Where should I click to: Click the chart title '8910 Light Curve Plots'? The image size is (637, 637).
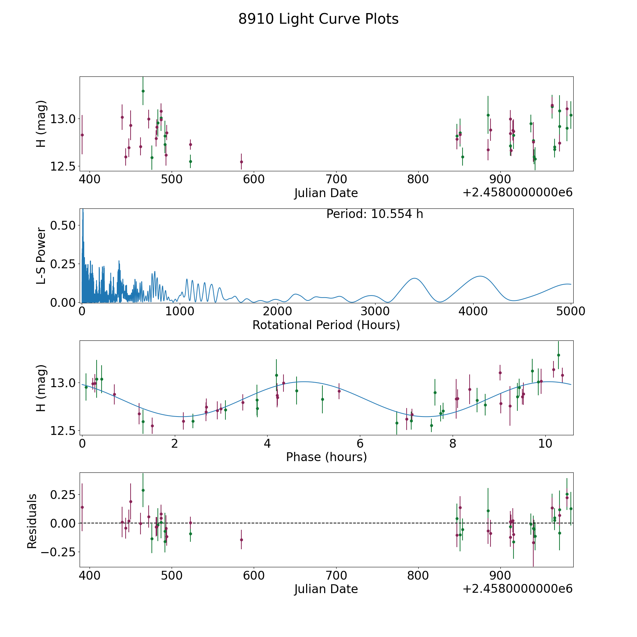click(318, 19)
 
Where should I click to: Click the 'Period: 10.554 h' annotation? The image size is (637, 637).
click(374, 214)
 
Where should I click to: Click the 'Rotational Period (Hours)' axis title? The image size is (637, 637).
click(326, 325)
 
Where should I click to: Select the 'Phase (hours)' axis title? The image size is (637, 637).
click(326, 457)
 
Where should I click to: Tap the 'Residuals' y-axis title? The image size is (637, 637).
click(32, 521)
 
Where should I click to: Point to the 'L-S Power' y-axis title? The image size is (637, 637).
click(41, 256)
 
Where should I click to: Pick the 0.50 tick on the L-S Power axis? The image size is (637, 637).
click(63, 225)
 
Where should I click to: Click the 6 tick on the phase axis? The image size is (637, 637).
click(360, 443)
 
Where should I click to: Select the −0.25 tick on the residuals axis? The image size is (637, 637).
click(58, 552)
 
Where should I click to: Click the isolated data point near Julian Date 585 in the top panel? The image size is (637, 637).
click(241, 162)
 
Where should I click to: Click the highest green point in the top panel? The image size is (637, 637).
click(143, 91)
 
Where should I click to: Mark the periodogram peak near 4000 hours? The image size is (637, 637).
click(480, 276)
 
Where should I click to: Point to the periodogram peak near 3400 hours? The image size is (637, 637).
click(414, 279)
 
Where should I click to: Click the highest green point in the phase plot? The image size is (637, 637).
click(558, 355)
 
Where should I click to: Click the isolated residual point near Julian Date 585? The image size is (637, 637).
click(241, 540)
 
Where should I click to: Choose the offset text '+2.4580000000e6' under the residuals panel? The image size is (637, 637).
click(517, 589)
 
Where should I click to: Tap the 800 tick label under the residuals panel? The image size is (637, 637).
click(418, 576)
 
